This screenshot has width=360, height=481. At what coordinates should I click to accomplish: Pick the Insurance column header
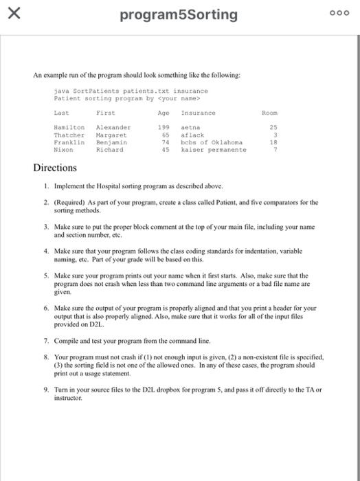pos(198,112)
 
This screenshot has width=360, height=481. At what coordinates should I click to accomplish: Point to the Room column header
pos(271,112)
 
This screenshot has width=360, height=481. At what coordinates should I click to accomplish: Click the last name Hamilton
pos(69,128)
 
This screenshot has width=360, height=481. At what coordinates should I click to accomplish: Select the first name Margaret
pos(111,136)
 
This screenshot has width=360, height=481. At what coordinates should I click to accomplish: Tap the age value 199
pos(164,128)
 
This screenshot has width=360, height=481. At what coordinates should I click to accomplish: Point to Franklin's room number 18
pos(273,143)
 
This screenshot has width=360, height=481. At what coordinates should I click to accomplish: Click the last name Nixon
pos(63,149)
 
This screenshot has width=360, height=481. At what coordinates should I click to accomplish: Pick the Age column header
pos(164,112)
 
